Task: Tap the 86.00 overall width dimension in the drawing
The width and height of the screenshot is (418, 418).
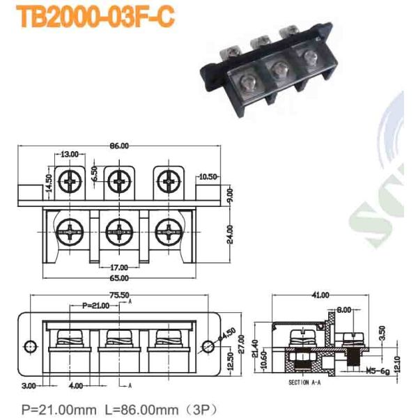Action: coord(119,146)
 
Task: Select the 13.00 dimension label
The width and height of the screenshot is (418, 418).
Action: coord(69,155)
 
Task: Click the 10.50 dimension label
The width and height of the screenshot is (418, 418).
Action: coord(209,176)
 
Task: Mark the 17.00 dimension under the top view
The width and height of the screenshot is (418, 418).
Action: coord(119,267)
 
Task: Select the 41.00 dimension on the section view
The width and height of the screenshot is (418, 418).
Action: coord(321,295)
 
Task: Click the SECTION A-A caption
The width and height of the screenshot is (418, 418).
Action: coord(306,384)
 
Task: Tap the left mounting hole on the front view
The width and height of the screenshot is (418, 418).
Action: coord(29,346)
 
